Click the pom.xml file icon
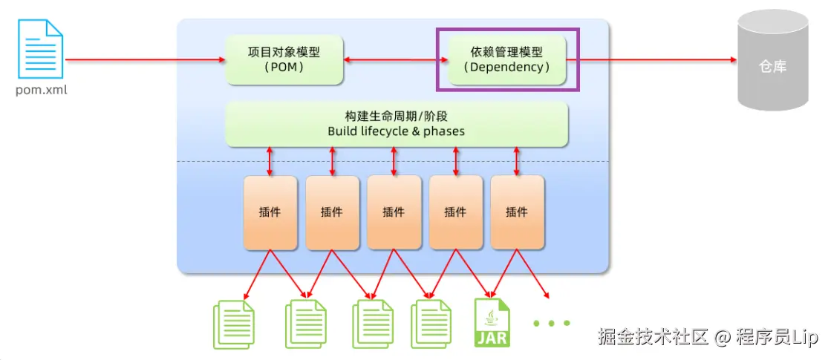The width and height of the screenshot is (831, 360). [x=41, y=49]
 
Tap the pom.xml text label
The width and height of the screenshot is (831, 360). [x=42, y=90]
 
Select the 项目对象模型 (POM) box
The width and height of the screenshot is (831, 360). [x=284, y=60]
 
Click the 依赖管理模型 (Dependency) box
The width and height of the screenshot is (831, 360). [x=507, y=60]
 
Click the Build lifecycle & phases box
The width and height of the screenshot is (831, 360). [x=397, y=124]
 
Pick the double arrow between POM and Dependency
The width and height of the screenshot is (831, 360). [x=395, y=60]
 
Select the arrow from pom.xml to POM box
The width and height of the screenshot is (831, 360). [x=145, y=60]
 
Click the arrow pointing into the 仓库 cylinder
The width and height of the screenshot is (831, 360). [x=652, y=60]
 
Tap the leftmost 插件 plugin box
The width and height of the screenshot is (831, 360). [x=270, y=213]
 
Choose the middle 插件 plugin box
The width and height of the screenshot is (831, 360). [x=394, y=213]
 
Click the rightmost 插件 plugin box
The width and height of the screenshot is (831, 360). [x=518, y=213]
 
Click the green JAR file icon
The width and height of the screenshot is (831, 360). [x=492, y=322]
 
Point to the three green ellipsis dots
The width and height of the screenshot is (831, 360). [x=551, y=322]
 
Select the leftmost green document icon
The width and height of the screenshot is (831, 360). [x=234, y=324]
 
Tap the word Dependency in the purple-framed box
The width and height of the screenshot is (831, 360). [x=507, y=68]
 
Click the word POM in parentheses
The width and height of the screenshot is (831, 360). [x=284, y=68]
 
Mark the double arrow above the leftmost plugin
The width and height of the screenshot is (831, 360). [x=270, y=161]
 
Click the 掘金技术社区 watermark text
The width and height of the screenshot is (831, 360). [x=654, y=336]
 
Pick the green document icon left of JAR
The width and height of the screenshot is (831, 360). [x=431, y=324]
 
